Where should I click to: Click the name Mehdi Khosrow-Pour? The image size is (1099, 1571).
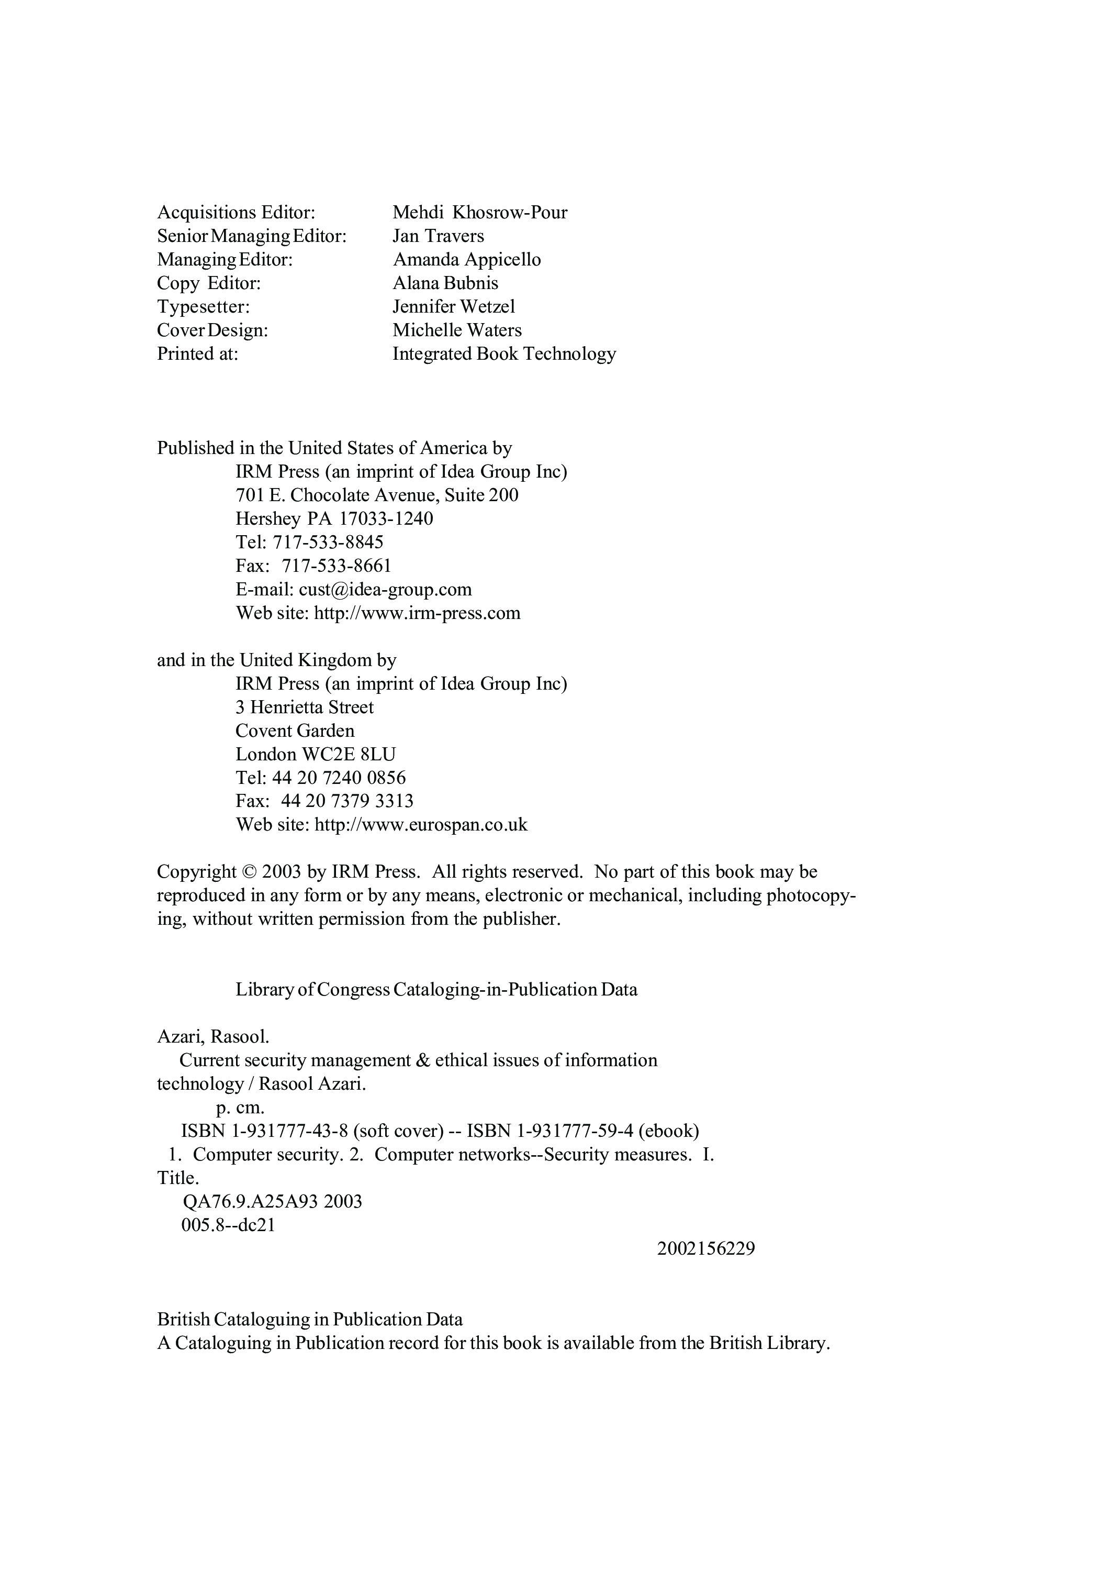[479, 212]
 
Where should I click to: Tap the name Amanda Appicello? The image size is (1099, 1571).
[466, 259]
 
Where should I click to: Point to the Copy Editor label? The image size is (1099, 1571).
[209, 283]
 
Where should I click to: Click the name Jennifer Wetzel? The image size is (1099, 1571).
[453, 306]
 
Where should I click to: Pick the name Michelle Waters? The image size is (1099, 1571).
[457, 330]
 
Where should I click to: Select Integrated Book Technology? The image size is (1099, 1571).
[504, 354]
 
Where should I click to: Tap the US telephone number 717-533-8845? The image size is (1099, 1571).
[328, 543]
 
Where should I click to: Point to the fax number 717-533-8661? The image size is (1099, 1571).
[337, 566]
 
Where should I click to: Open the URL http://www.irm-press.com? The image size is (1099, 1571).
[417, 613]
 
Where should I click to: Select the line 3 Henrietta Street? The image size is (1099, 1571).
[305, 707]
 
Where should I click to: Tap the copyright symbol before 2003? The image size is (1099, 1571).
[249, 872]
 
